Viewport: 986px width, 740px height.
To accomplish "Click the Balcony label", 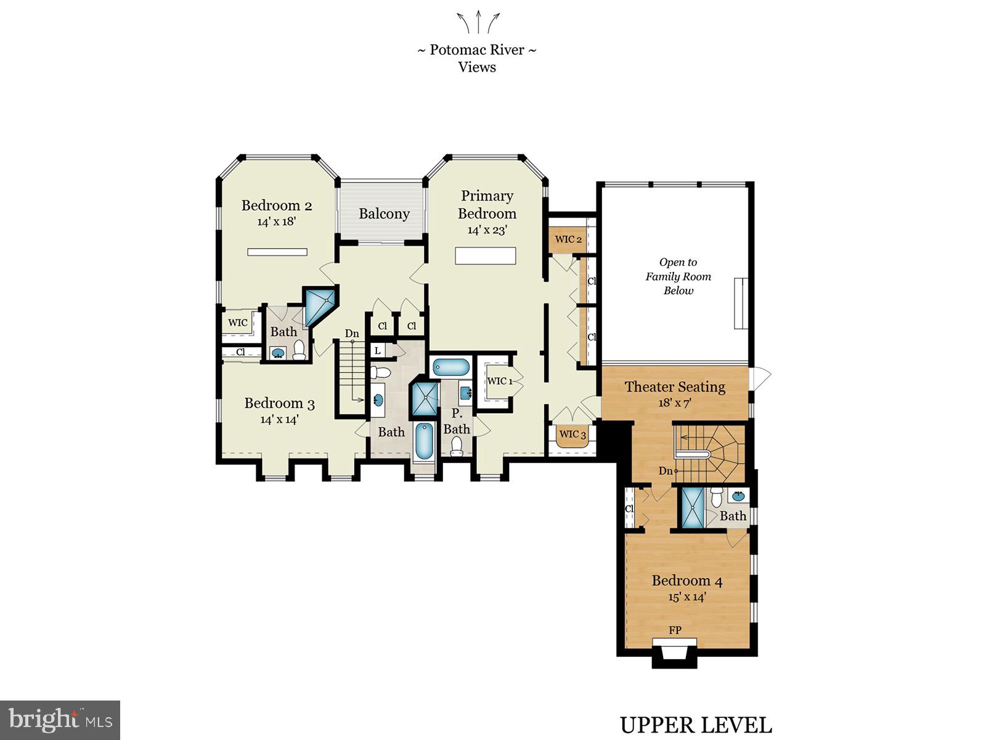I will pos(384,214).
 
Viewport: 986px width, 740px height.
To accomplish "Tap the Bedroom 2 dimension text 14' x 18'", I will pos(277,221).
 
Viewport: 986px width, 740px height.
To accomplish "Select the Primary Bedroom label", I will pos(487,205).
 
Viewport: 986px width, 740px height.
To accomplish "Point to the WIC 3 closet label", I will pos(572,434).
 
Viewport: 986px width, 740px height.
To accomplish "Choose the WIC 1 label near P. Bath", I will pos(500,381).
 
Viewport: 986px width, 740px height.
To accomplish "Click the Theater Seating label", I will pos(675,387).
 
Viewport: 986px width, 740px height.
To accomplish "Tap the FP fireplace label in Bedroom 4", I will pos(675,630).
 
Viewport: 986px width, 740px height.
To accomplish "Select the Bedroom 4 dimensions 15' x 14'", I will pos(687,597).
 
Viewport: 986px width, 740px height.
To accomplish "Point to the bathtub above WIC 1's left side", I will pos(450,368).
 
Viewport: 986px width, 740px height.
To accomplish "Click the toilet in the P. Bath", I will pos(457,446).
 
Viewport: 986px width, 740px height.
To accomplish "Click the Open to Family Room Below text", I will pos(678,276).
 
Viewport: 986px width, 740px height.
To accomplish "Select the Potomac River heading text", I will pos(476,50).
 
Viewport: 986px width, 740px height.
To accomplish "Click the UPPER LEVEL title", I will pos(695,725).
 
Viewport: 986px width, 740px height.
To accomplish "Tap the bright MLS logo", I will pos(60,720).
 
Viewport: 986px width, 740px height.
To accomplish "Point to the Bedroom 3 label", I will pos(279,403).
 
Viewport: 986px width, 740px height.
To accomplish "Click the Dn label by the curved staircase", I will pos(666,471).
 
